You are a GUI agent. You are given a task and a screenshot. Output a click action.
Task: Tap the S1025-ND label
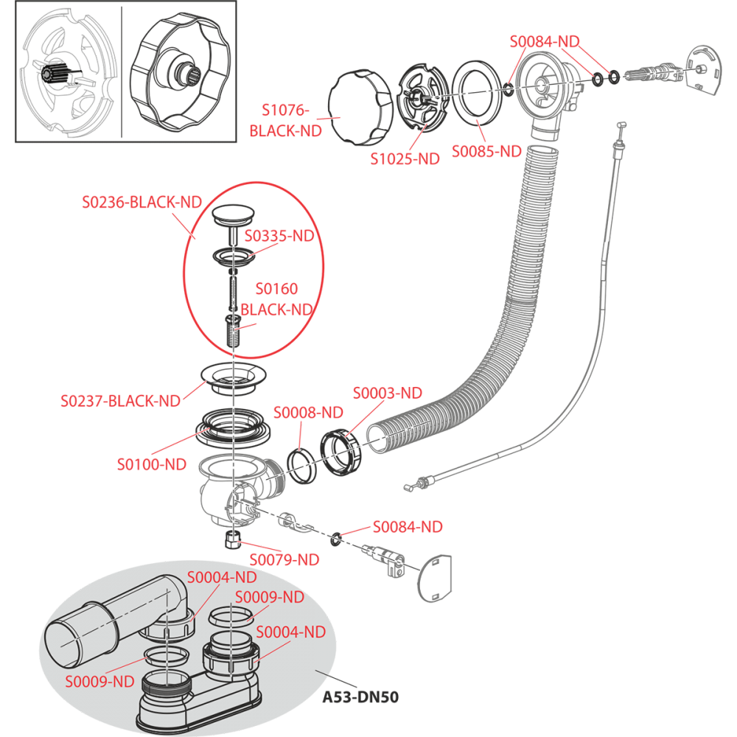coord(405,158)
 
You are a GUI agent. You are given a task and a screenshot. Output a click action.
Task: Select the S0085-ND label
coord(486,151)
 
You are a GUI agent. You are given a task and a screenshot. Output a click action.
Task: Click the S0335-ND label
coord(279,236)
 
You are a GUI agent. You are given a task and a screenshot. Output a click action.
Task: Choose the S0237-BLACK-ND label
coord(120,401)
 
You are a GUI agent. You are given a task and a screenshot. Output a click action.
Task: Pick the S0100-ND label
coord(152,464)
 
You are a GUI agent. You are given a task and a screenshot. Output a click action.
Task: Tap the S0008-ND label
coord(308,412)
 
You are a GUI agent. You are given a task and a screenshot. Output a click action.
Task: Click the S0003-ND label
coord(388,392)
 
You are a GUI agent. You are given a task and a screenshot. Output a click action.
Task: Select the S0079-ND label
coord(284,559)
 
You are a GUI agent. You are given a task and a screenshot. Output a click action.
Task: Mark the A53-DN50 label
coord(360,696)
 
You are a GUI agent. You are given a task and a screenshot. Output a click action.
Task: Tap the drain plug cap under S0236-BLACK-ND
coord(232,216)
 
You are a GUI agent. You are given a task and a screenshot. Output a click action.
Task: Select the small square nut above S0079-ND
coord(231,539)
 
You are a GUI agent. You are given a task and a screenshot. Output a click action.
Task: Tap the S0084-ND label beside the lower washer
coord(407,526)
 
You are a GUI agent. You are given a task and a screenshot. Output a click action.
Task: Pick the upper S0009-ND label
coord(269,596)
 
